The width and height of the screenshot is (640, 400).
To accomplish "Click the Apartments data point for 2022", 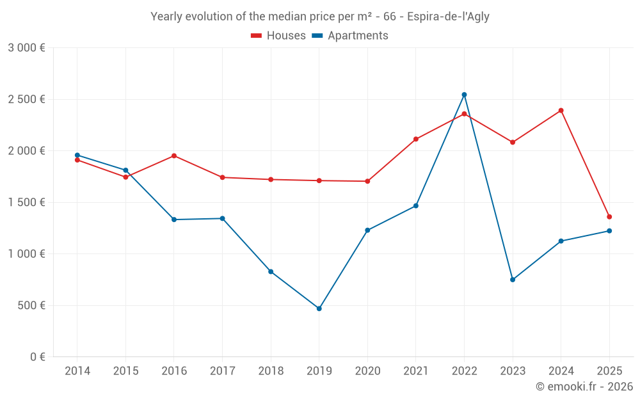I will pos(464,95).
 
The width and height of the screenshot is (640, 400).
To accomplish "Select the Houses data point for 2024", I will pos(561,110).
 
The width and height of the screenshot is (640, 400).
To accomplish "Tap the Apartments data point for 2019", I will pos(319,308).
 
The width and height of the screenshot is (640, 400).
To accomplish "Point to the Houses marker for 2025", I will pos(609,217).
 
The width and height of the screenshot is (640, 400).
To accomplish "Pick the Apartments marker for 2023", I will pos(513,280).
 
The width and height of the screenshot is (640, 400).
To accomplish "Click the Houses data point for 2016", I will pos(174,156).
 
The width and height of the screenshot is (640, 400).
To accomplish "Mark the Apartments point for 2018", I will pos(271,271).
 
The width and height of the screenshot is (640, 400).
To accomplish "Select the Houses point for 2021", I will pos(416,139).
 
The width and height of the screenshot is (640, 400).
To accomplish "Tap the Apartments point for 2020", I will pos(367,230).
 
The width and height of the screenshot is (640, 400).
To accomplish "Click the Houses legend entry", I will pos(278,36).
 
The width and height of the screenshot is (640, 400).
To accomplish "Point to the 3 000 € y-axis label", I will pos(26,48).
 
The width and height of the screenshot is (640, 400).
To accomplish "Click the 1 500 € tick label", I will pos(26,202).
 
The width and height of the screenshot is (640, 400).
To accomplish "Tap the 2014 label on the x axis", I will pos(77,371).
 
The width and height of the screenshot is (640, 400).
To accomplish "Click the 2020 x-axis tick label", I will pos(367,371).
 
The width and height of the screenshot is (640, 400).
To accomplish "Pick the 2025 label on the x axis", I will pos(609,371).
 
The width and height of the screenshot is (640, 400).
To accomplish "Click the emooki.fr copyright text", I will pos(584,387).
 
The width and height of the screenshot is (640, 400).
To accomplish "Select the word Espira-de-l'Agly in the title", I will pos(448,17).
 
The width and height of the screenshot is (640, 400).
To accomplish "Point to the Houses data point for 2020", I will pos(367,181).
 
